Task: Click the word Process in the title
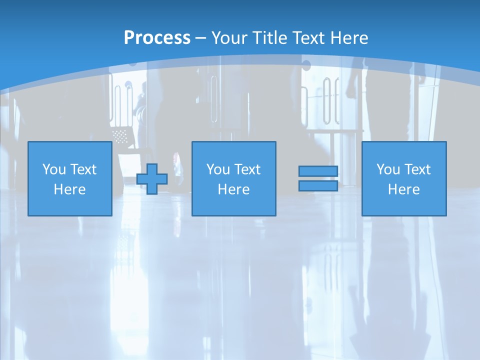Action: tap(157, 37)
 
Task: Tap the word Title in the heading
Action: tap(270, 37)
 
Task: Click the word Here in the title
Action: tap(349, 37)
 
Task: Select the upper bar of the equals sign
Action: tap(318, 171)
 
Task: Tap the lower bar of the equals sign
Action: tap(318, 185)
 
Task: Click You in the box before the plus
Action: tap(54, 169)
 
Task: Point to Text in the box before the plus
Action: tap(83, 169)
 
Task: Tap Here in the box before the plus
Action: tap(70, 189)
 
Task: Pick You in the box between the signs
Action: tap(218, 169)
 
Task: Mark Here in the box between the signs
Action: tap(234, 189)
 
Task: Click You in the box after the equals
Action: tap(388, 169)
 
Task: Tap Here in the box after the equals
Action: tap(404, 189)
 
